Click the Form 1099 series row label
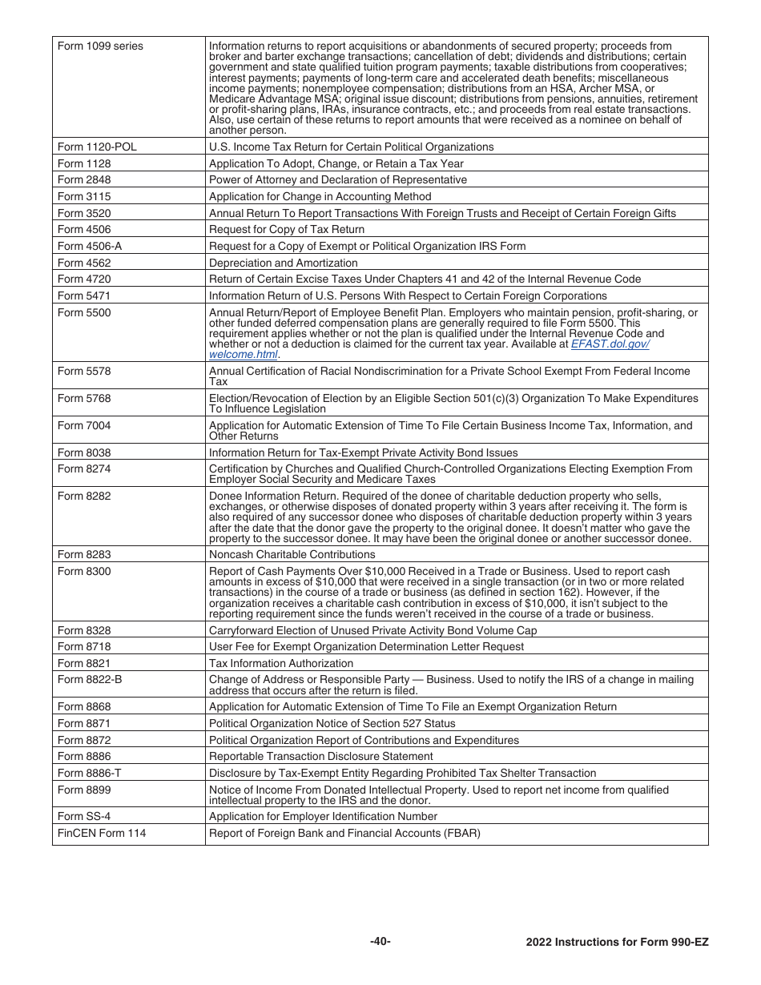click(100, 46)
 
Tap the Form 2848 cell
click(84, 180)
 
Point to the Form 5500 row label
click(84, 313)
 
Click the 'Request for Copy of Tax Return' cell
click(286, 230)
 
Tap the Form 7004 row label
click(84, 425)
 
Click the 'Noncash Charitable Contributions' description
click(292, 554)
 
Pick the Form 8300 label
click(84, 571)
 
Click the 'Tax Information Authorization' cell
click(280, 663)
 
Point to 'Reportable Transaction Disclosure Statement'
click(320, 756)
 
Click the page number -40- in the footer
click(380, 941)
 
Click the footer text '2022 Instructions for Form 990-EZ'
click(617, 942)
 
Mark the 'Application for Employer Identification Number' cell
click(323, 816)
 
